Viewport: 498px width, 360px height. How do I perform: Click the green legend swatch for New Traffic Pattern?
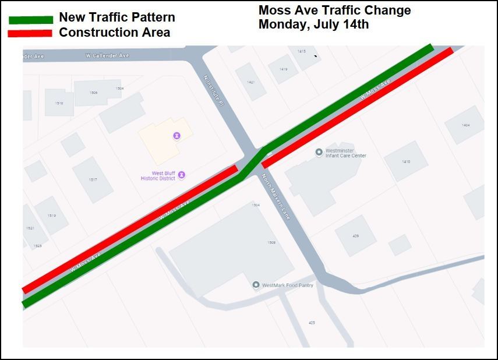click(x=31, y=19)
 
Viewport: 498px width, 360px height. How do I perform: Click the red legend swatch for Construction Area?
click(x=31, y=33)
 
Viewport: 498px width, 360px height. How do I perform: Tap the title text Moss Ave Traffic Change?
click(x=334, y=10)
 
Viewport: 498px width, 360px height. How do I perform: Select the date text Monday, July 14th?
click(x=313, y=24)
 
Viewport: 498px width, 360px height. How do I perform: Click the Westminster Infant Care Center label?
click(x=346, y=153)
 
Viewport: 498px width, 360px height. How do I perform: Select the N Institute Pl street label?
click(x=213, y=90)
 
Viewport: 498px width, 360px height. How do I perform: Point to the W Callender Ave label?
click(x=107, y=55)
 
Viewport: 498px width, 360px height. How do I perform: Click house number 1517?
click(x=93, y=179)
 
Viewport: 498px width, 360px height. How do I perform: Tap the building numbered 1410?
click(x=405, y=161)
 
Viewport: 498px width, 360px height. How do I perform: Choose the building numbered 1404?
click(x=465, y=125)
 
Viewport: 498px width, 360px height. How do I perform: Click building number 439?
click(x=355, y=236)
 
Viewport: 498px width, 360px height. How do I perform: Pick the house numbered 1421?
click(x=251, y=82)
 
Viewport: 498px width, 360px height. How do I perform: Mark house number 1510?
click(x=59, y=103)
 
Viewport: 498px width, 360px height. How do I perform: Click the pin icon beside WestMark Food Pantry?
click(x=256, y=285)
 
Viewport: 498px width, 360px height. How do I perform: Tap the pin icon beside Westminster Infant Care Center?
click(x=319, y=153)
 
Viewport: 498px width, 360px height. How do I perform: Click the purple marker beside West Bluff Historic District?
click(x=182, y=175)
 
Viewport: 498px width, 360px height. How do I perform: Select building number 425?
click(x=312, y=322)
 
